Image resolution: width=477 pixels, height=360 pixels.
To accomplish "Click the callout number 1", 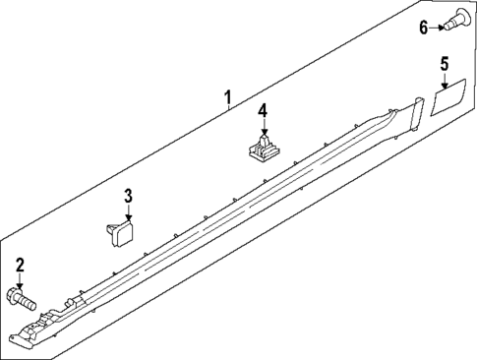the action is (227, 97).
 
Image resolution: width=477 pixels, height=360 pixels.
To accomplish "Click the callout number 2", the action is (20, 264).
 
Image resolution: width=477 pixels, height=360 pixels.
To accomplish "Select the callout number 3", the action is (128, 196).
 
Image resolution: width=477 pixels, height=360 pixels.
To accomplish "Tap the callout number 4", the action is (263, 110).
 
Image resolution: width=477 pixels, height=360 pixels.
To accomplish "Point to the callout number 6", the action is (424, 27).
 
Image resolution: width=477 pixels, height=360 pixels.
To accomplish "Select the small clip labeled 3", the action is (120, 232).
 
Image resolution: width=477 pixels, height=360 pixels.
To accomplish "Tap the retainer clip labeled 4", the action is (262, 150).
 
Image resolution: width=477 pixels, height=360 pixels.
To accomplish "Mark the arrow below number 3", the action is (128, 212).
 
